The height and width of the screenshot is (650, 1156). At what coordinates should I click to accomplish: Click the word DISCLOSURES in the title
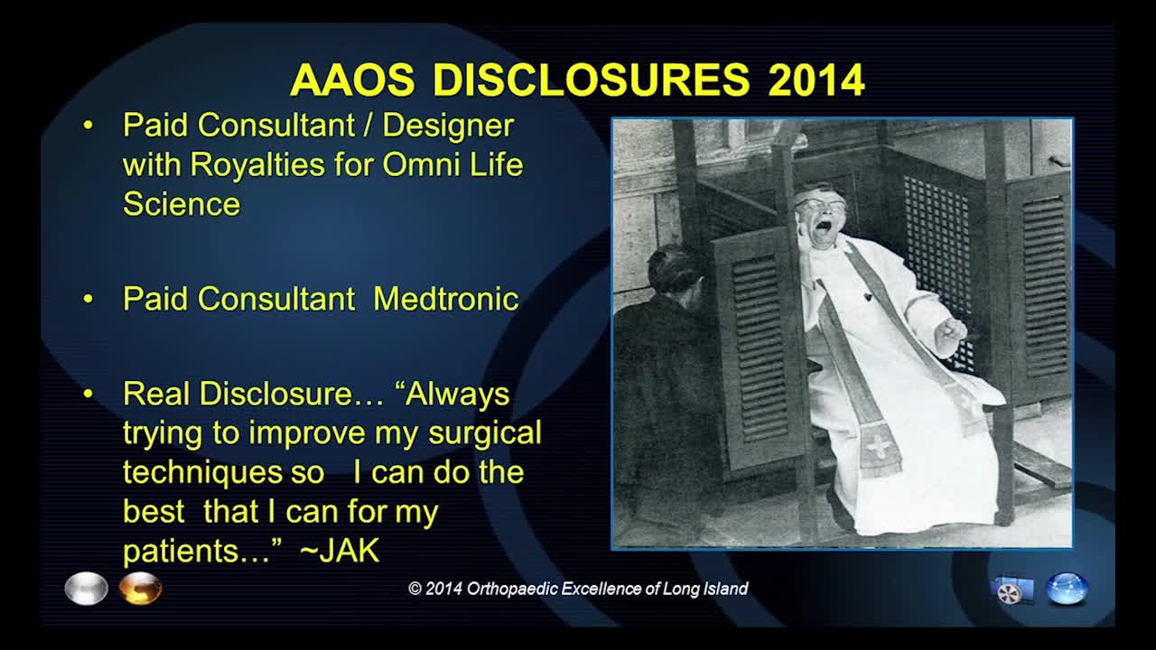point(592,79)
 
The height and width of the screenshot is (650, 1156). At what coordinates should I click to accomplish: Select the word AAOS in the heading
point(352,79)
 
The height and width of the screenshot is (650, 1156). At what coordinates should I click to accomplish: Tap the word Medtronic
point(446,299)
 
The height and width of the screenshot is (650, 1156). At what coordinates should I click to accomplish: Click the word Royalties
point(257,166)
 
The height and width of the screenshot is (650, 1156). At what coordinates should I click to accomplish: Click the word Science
point(182,203)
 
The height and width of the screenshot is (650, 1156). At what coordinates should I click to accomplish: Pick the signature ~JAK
point(339,550)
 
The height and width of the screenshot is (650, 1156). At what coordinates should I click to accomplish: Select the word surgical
point(485,434)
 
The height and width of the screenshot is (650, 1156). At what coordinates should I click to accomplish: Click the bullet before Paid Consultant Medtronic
point(89,299)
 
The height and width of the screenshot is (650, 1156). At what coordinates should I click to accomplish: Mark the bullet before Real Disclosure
point(89,395)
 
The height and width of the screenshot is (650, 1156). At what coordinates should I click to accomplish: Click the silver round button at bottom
point(86,588)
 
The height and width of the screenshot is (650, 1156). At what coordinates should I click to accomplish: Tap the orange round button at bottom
point(140,588)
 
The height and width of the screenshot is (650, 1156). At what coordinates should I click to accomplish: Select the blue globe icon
point(1067,589)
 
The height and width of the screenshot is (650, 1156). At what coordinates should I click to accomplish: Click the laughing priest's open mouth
point(823,228)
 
